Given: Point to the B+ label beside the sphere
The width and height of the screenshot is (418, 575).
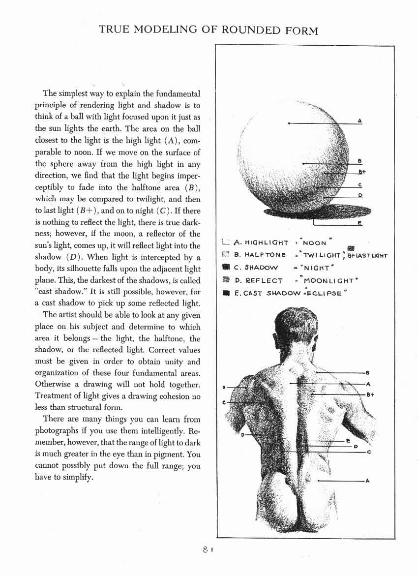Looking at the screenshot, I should pos(362,172).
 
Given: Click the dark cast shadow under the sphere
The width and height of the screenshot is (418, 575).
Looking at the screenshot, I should pos(315,212).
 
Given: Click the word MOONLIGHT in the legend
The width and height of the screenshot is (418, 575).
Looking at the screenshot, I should pos(328,281).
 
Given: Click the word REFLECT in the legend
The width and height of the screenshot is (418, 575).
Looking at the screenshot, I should pos(265,281).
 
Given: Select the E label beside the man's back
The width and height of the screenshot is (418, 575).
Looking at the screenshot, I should pos(348,441).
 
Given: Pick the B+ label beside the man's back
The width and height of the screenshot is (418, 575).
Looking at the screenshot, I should pos(370,394).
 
